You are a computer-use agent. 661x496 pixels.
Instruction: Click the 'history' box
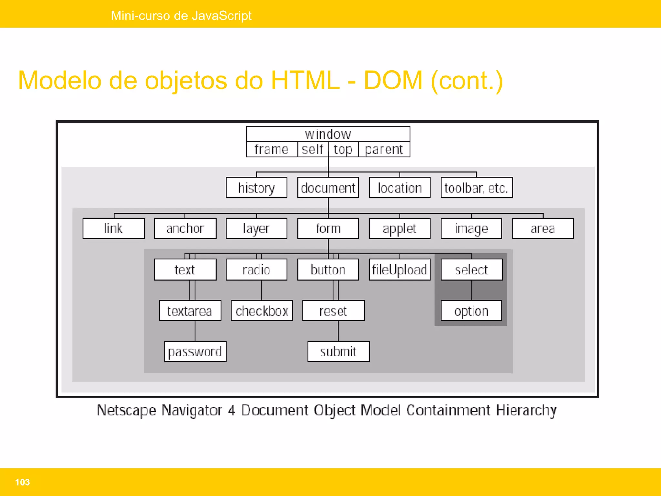256,188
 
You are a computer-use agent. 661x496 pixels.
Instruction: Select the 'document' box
328,188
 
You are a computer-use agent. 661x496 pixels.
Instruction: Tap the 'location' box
400,188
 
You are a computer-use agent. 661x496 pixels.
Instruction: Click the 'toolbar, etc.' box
476,188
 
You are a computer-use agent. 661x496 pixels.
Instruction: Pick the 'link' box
113,229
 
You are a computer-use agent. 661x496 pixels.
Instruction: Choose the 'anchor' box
185,229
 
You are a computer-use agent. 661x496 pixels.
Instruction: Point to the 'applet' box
400,229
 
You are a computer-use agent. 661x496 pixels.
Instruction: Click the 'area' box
543,229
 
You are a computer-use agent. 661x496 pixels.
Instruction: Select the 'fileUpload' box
400,270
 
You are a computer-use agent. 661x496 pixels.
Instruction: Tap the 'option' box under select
471,311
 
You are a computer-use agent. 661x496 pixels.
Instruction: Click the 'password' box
195,352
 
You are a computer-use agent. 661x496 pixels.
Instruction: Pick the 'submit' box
338,352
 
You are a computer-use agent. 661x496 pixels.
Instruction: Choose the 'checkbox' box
262,311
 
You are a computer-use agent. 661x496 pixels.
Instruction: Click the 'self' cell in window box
312,150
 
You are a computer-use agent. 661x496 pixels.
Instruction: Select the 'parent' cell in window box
384,150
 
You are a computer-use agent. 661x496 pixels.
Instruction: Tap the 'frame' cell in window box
271,150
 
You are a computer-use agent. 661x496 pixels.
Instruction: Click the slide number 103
22,482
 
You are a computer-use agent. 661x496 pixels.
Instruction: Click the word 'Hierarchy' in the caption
526,410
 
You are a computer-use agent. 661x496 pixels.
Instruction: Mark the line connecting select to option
471,290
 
